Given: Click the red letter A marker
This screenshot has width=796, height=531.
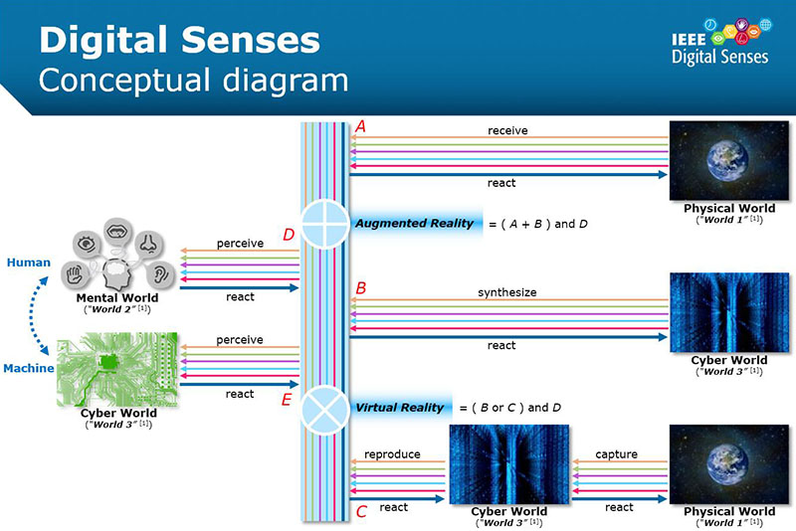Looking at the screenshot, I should pyautogui.click(x=361, y=126).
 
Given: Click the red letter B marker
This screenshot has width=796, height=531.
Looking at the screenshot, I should pyautogui.click(x=361, y=288).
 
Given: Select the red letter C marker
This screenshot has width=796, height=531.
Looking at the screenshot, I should pyautogui.click(x=361, y=512).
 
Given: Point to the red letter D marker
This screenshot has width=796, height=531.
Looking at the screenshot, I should pyautogui.click(x=289, y=235).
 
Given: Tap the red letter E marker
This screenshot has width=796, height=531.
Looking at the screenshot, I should pyautogui.click(x=287, y=400).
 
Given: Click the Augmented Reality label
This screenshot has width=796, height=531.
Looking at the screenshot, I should pyautogui.click(x=414, y=224).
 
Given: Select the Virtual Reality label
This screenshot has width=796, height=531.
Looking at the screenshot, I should pyautogui.click(x=399, y=408).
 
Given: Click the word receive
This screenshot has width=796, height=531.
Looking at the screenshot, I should pyautogui.click(x=507, y=130).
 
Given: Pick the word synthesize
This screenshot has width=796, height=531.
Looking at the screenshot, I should pyautogui.click(x=506, y=292).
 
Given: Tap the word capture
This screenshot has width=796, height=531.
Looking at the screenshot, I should pyautogui.click(x=616, y=454).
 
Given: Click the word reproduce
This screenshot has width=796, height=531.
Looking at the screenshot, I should pyautogui.click(x=392, y=454).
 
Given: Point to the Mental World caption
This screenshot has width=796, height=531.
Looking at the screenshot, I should pyautogui.click(x=117, y=297).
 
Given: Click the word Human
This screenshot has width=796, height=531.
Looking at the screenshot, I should pyautogui.click(x=29, y=263).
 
